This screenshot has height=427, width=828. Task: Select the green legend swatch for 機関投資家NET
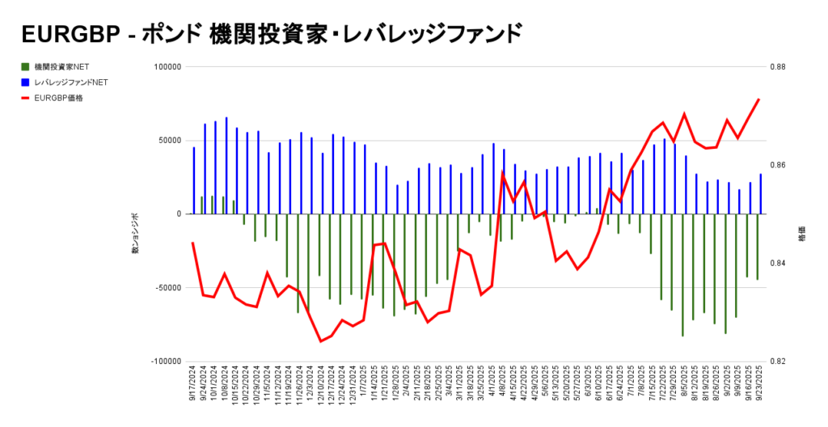tap(25, 66)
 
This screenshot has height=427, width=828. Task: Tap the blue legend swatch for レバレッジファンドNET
tap(25, 82)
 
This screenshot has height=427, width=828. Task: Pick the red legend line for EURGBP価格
tap(25, 98)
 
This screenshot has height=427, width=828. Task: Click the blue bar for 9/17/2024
tap(194, 180)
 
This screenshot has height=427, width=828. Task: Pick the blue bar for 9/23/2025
tap(761, 194)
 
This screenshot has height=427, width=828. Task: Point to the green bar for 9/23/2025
tap(758, 247)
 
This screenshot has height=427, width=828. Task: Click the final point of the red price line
tap(759, 99)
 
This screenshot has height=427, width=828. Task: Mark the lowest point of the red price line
tap(321, 341)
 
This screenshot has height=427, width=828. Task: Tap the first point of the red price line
tap(192, 243)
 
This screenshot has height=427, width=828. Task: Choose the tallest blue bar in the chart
tap(226, 166)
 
